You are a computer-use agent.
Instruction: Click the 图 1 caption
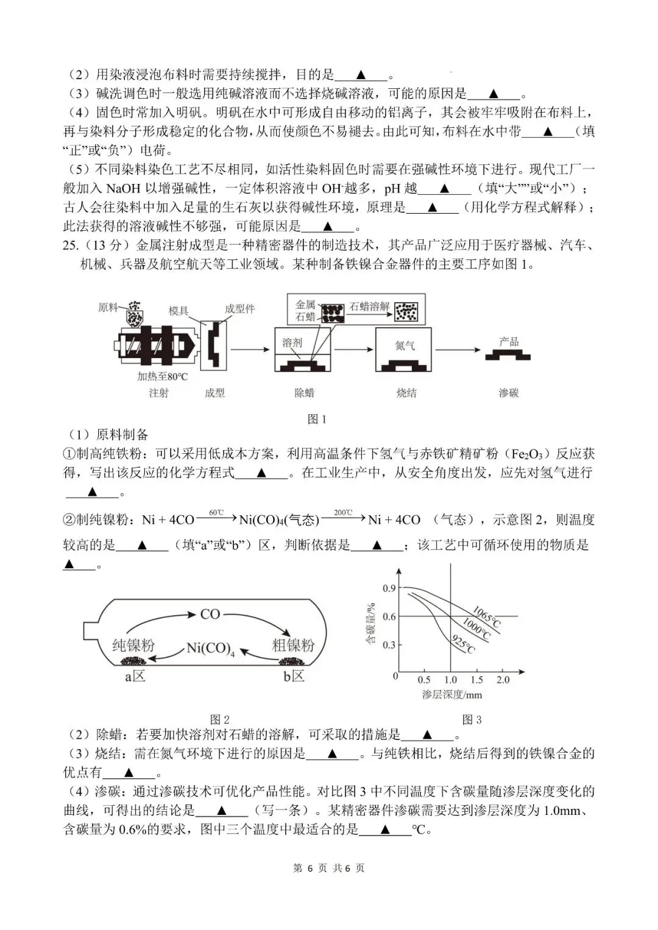click(317, 419)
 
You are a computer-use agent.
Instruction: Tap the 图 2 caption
click(219, 719)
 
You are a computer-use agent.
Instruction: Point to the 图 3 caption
click(472, 719)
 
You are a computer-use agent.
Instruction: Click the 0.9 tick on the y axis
click(389, 588)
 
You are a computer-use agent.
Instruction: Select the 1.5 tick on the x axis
click(476, 680)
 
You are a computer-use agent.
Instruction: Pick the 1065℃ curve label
click(486, 616)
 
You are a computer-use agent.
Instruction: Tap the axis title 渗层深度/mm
click(451, 695)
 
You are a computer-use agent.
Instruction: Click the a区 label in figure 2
click(135, 676)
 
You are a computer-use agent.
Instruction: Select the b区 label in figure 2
click(294, 676)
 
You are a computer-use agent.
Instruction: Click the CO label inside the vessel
click(210, 615)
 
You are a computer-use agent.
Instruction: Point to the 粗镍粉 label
click(293, 645)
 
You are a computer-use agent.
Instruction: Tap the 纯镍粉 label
click(133, 645)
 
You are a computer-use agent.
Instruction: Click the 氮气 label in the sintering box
click(405, 345)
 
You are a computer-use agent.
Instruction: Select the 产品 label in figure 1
click(508, 342)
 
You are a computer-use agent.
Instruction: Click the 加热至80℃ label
click(162, 376)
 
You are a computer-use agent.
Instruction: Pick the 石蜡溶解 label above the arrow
click(369, 306)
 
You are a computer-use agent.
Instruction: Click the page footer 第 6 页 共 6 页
click(329, 868)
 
